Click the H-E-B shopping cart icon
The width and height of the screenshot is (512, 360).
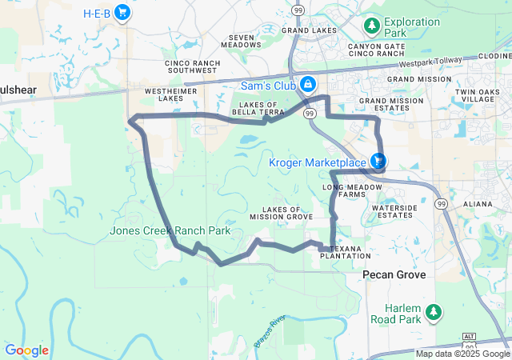click(122, 13)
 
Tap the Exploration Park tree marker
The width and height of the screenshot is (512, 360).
click(372, 26)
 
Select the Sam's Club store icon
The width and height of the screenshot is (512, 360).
click(307, 85)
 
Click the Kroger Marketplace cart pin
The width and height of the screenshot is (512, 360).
click(377, 162)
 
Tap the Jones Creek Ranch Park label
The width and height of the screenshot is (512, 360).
click(170, 231)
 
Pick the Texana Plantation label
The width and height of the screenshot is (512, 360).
click(346, 252)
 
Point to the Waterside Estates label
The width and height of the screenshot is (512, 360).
click(394, 211)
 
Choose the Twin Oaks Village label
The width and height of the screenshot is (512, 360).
click(477, 97)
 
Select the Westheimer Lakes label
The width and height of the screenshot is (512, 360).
click(166, 95)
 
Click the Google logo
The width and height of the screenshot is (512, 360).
click(26, 350)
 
